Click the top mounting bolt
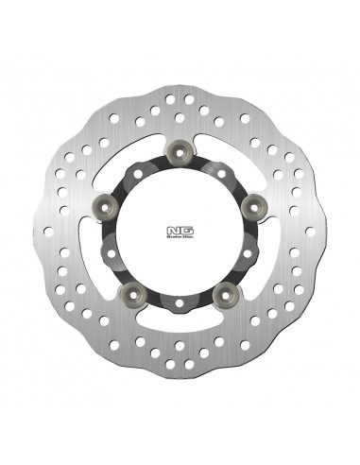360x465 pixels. pos(180,149)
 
